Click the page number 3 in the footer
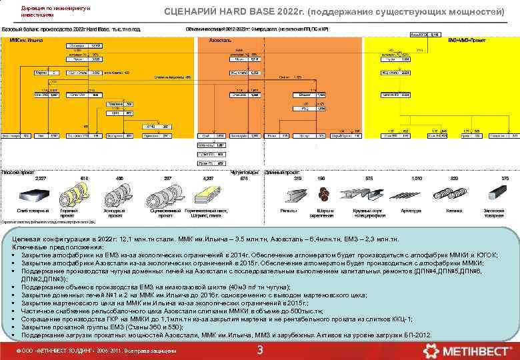pyautogui.click(x=260, y=351)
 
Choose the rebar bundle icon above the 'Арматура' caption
pyautogui.click(x=416, y=195)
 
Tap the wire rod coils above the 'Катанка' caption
pyautogui.click(x=455, y=195)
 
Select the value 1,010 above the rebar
pyautogui.click(x=417, y=179)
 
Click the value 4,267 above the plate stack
pyautogui.click(x=208, y=179)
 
